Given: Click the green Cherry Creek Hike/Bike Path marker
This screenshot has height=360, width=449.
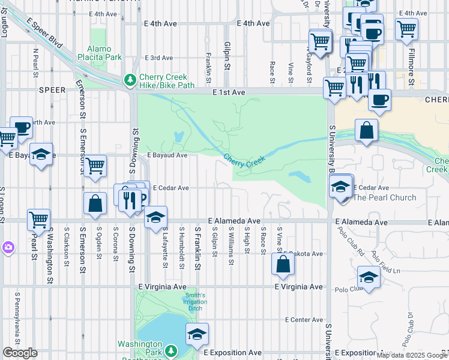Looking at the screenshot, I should click(x=130, y=80).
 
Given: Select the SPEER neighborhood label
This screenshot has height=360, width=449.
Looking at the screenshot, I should click(x=52, y=89).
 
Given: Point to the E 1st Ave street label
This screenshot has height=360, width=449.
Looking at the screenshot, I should click(x=229, y=93).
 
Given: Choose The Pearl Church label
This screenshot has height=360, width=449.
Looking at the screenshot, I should click(x=384, y=197).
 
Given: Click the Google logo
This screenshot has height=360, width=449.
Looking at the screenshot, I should click(x=20, y=353).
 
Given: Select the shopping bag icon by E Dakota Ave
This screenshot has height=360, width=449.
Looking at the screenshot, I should click(x=282, y=264).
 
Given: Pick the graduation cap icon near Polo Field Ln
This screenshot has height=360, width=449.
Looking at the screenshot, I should click(x=368, y=278).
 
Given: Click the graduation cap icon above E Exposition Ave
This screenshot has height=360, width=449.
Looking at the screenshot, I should click(x=196, y=334).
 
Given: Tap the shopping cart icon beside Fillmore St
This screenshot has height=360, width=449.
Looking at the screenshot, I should click(x=407, y=28).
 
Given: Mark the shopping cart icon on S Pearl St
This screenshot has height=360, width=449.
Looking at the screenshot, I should click(x=38, y=220).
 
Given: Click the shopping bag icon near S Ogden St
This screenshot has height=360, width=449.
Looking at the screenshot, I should click(x=95, y=203).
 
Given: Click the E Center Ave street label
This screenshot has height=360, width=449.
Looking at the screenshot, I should click(x=304, y=319).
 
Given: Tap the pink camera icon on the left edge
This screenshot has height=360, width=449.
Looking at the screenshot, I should click(x=7, y=247).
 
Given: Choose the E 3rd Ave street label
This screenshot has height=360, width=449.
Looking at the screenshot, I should click(x=158, y=58).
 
